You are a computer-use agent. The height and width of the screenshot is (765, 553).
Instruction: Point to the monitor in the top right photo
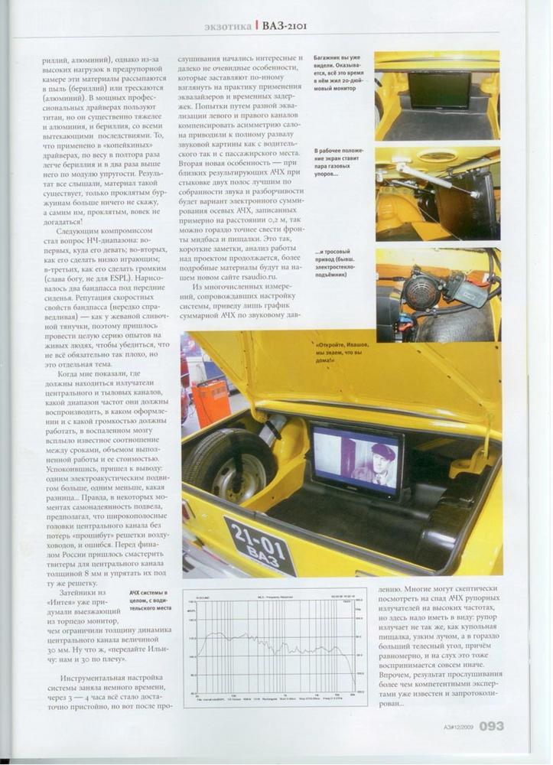click(438, 90)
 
